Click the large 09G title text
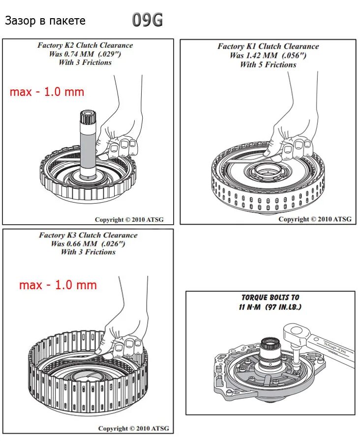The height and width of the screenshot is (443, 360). coord(147,20)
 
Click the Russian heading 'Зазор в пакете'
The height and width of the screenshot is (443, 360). coord(45,21)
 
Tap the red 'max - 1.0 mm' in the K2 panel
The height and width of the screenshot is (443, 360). coord(47,92)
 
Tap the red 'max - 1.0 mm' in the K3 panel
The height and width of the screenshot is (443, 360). coord(58,285)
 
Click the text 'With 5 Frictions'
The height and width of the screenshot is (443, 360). coord(268,64)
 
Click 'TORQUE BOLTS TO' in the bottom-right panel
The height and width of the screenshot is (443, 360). coord(270,297)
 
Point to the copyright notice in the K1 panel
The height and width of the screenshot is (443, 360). coord(315,219)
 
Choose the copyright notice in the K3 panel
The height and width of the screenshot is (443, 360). coord(133,428)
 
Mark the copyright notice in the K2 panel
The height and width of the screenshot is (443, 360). coord(131,220)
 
